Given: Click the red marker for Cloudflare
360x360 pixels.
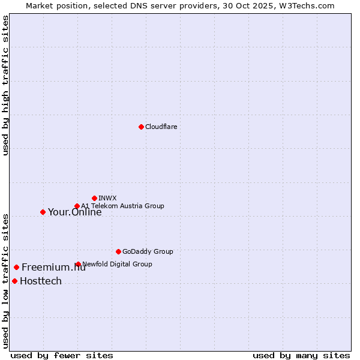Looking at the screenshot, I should pos(141,127).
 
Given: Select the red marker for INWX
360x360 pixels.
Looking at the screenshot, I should pos(94,198).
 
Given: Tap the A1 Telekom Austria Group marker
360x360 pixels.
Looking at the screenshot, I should pos(77,206).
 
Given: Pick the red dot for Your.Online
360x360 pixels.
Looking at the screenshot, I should pos(43,212).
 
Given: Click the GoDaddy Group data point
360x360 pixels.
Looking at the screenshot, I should pos(118,251).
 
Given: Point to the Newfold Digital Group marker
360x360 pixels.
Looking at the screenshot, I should pos(78,264).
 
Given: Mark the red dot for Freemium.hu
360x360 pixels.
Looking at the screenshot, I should pos(16,267).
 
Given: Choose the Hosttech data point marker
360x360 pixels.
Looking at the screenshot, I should pos(14,281).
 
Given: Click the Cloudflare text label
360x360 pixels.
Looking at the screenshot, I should pos(161,127).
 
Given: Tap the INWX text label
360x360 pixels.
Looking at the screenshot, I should pos(107,198).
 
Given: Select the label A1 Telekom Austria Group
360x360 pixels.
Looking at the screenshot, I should pos(122,206).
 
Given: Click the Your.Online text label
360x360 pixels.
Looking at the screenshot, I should pos(74,212).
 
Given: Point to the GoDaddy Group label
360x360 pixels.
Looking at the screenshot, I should pos(148,251).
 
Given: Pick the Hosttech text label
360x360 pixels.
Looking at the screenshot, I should pos(41,281).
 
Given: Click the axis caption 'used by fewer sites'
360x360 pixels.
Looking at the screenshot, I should pos(62,355).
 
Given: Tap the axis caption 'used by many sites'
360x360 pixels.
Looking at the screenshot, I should pos(301,355).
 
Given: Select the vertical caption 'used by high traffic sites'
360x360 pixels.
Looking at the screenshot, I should pos(5,85).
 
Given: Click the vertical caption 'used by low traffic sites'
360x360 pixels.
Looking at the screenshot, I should pos(5,280).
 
